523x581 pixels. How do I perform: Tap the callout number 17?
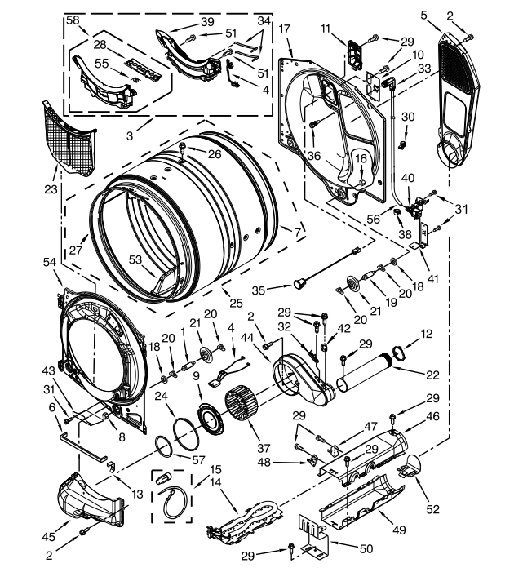click(x=284, y=29)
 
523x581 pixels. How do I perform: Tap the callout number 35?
click(x=281, y=289)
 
